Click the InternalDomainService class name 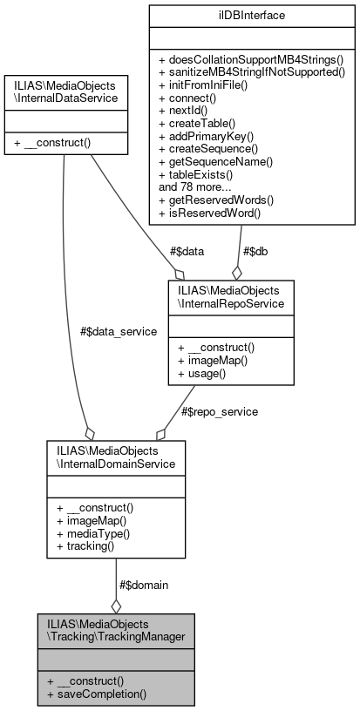(x=116, y=457)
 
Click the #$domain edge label (x=143, y=585)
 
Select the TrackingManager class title (x=116, y=632)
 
